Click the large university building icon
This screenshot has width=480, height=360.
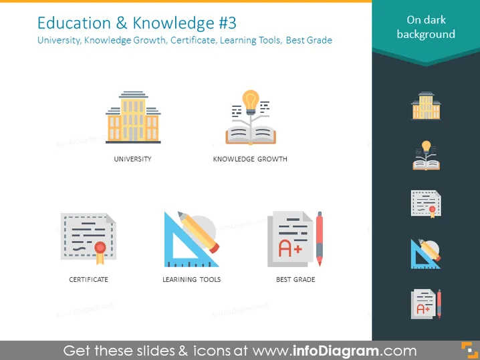click(133, 117)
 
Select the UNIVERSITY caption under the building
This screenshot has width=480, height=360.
click(132, 159)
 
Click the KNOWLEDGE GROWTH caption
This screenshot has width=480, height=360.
click(250, 159)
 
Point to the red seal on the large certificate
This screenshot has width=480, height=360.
click(100, 247)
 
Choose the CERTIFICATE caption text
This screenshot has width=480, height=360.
click(88, 280)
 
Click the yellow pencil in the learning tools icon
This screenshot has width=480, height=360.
click(199, 232)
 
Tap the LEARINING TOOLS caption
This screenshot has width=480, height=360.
click(192, 280)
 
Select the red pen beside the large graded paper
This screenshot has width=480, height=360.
click(320, 238)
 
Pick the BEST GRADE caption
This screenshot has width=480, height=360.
click(295, 280)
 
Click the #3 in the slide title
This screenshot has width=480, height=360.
click(227, 23)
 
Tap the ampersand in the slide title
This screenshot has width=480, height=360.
click(122, 23)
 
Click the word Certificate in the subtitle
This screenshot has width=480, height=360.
click(193, 40)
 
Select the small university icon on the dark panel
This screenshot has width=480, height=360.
click(426, 106)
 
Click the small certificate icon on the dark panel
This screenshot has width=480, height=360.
click(426, 204)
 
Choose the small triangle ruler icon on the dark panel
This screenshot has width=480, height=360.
click(426, 254)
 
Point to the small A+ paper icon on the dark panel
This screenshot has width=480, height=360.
click(426, 304)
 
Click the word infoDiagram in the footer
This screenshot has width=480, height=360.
click(336, 351)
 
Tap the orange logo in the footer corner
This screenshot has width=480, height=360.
click(469, 350)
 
